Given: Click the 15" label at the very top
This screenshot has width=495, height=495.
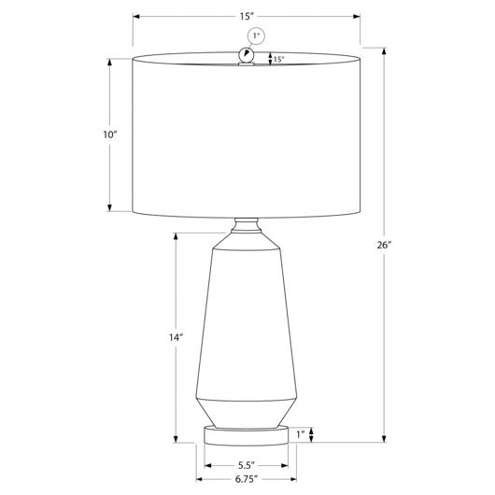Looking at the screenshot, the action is coord(247,17).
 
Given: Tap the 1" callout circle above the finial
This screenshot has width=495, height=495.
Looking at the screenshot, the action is coord(256,36).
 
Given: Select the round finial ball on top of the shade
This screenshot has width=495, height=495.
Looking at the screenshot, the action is coord(246,55).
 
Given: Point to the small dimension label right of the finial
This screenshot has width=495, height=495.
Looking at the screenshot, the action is coord(278,59).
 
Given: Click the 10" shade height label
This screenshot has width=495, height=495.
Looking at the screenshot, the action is coord(110,134).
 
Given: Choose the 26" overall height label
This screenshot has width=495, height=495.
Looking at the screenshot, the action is coord(384,245).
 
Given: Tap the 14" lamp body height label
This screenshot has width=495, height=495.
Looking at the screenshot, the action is coord(176,337).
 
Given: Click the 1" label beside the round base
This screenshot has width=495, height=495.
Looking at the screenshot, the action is coord(301,434).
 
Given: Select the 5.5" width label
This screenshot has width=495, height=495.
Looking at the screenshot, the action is coord(247,465).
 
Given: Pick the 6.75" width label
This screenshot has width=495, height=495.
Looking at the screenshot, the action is coord(247,479).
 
